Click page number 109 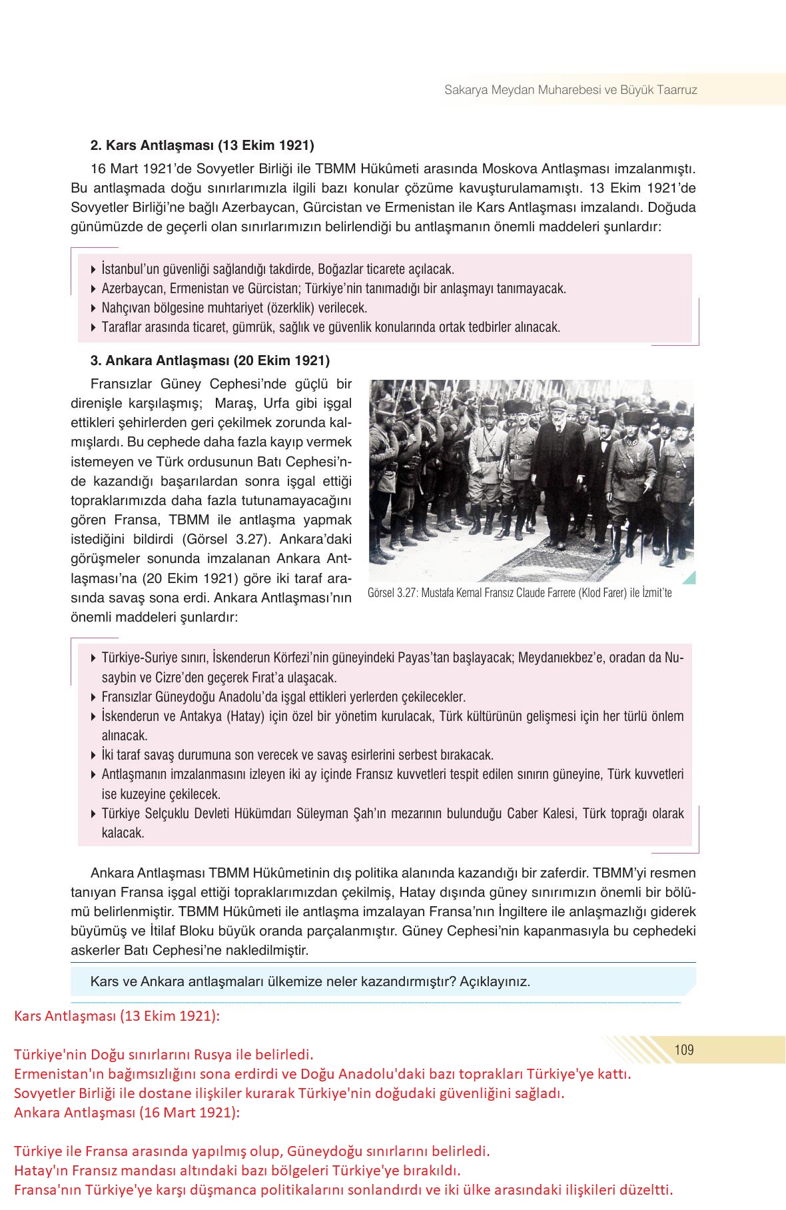[x=684, y=1049]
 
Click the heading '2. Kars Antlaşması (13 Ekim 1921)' [x=202, y=145]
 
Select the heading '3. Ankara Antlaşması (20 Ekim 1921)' [x=210, y=360]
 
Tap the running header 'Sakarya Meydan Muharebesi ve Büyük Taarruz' [x=570, y=89]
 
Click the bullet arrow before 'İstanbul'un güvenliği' [x=93, y=270]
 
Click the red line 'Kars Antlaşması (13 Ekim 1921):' [x=117, y=1016]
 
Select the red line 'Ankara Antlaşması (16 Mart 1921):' [x=127, y=1112]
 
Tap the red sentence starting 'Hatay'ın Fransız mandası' [x=237, y=1170]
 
